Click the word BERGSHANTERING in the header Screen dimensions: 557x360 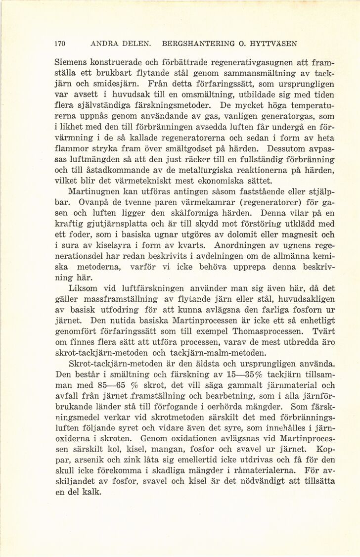(192, 44)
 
